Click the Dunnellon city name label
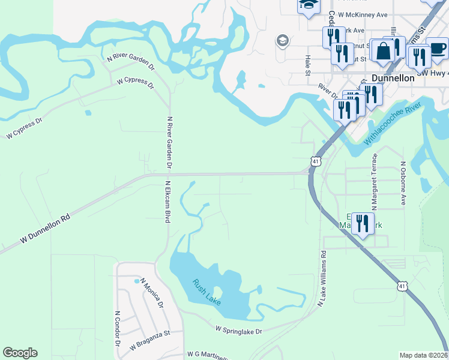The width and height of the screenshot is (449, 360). point(393,78)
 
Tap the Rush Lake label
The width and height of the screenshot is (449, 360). point(207,291)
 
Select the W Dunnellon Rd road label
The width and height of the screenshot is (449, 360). point(45,229)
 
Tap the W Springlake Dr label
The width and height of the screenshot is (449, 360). point(239,331)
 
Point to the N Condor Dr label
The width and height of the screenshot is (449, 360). point(117,329)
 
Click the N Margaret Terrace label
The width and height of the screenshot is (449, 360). point(373,173)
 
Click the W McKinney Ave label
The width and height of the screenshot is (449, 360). point(363,14)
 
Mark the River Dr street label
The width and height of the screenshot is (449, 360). point(327,91)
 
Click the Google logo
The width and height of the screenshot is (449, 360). point(20,353)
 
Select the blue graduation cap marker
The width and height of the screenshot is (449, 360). point(309,5)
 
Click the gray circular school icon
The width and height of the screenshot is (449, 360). point(281,41)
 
